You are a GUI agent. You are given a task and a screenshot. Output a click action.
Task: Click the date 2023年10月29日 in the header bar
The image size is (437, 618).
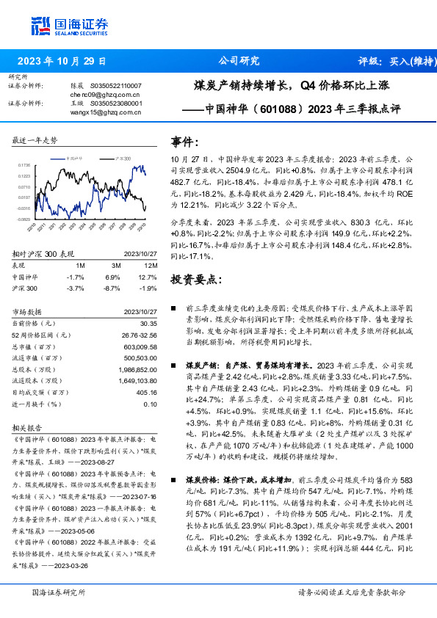tap(62, 61)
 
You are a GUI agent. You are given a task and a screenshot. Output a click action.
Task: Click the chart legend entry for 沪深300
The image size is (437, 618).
tap(123, 158)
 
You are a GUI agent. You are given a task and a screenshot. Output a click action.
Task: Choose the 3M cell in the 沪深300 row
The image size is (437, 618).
tap(112, 289)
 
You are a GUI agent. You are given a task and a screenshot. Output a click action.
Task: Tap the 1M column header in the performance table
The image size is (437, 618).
tap(80, 264)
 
